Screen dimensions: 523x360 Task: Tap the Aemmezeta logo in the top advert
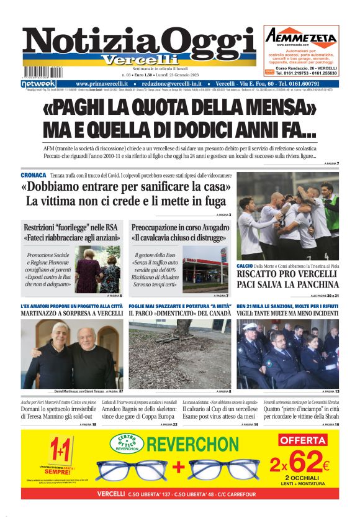pyautogui.click(x=301, y=37)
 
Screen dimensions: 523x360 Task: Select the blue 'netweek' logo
pyautogui.click(x=38, y=84)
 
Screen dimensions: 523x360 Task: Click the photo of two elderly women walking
pyautogui.click(x=97, y=269)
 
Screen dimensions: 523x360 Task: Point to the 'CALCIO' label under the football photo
pyautogui.click(x=245, y=266)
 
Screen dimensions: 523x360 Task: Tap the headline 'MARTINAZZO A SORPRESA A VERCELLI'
pyautogui.click(x=72, y=314)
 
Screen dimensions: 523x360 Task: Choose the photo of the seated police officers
pyautogui.click(x=287, y=354)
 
